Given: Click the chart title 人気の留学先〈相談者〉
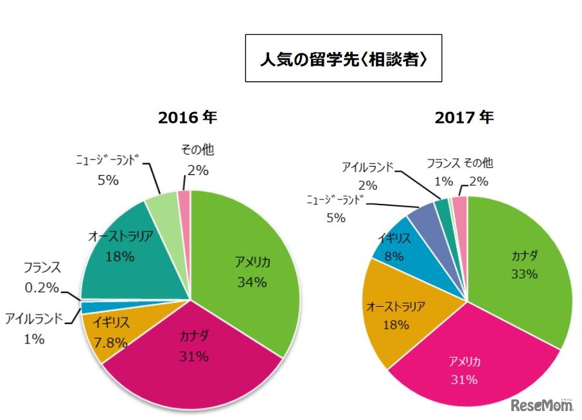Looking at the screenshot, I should pos(343,59).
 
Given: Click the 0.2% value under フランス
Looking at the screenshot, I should pos(42,287).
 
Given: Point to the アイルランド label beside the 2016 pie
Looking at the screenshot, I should pos(34,318).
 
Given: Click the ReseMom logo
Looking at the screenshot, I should pos(542,405).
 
